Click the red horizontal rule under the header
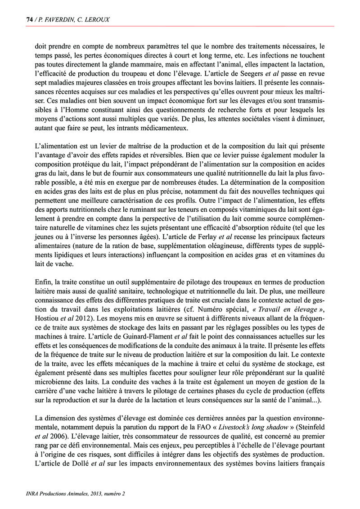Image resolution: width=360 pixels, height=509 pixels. tap(180, 26)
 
